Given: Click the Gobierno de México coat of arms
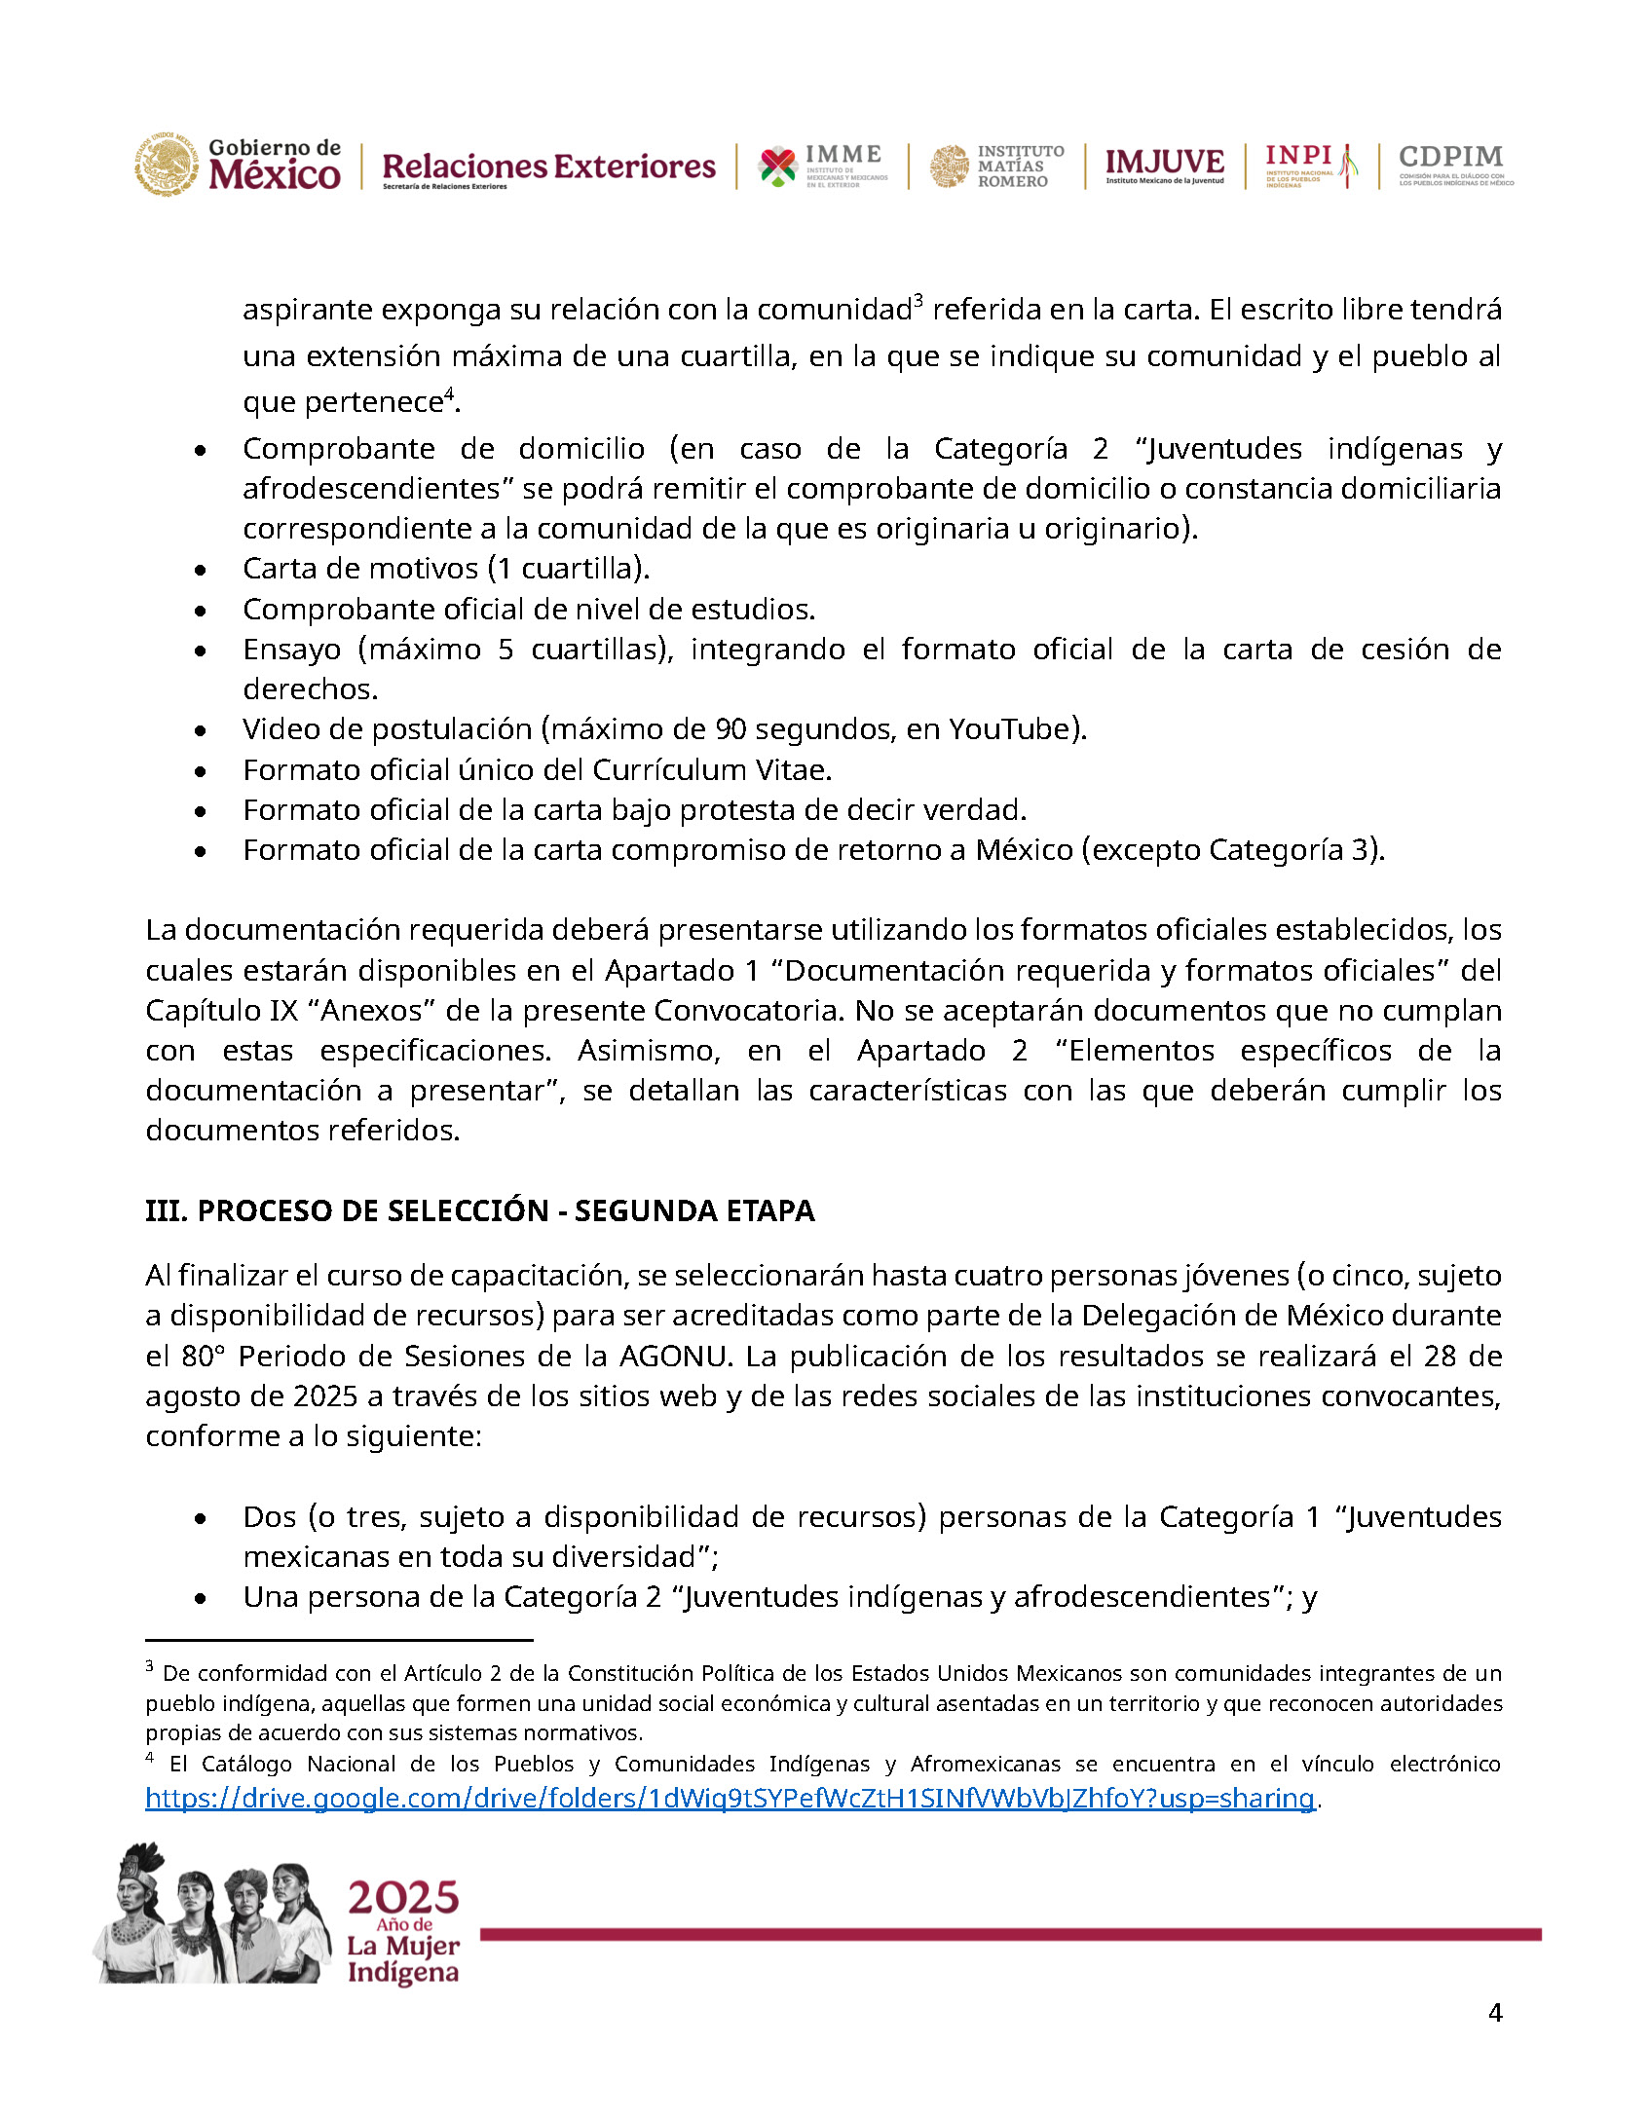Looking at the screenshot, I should point(167,165).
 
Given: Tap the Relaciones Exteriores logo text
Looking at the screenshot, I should point(548,167).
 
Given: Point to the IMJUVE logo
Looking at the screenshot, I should point(1164,165).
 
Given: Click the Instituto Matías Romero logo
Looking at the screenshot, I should point(996,166).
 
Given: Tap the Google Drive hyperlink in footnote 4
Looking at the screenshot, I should point(730,1798).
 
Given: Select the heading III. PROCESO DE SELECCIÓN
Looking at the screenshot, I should point(479,1210).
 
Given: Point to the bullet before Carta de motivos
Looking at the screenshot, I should point(201,570).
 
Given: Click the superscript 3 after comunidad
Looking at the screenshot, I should point(918,301).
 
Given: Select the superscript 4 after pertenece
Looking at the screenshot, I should point(449,393).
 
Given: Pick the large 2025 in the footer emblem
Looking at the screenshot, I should point(403,1898).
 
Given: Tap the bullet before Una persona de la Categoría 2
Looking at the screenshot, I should point(201,1598).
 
